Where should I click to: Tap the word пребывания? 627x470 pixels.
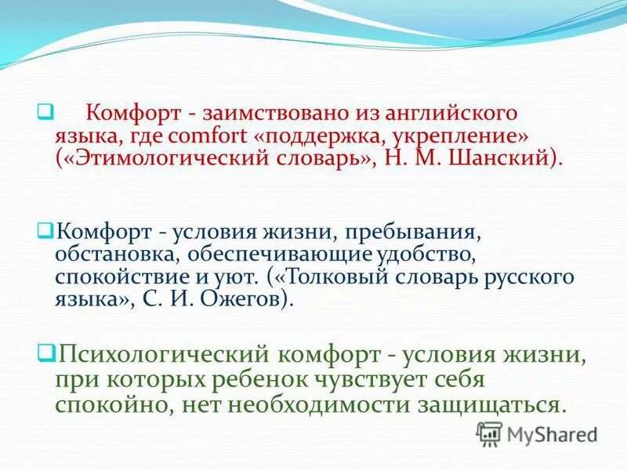coord(411,233)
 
